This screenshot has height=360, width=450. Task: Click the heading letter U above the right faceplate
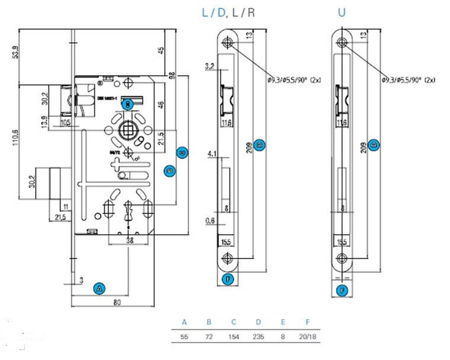click(x=342, y=12)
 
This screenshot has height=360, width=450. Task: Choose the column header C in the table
click(x=234, y=323)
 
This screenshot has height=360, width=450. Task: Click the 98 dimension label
click(x=173, y=77)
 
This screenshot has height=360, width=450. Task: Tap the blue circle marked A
click(x=100, y=288)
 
